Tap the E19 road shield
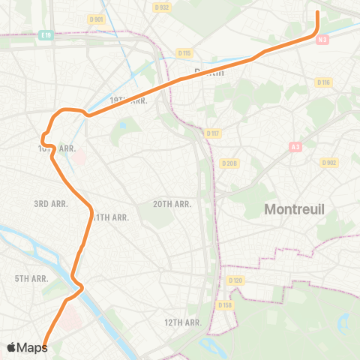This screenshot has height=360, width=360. point(46,34)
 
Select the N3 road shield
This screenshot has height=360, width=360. point(323,40)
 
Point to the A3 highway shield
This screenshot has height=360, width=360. point(295,148)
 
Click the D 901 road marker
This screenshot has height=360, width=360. point(96,19)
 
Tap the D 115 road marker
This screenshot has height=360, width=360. point(184,52)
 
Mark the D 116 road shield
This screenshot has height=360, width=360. point(323,82)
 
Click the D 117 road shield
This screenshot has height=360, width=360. point(213,133)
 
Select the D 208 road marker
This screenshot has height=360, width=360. point(229,163)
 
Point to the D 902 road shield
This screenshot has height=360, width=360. point(328,162)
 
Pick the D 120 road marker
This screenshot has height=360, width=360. point(236,280)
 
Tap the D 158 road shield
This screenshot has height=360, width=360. point(224,305)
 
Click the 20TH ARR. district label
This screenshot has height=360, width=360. point(172,203)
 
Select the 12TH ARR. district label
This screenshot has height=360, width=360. point(183,322)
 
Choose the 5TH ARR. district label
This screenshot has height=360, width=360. point(31,278)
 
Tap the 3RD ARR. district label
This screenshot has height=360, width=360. point(52,203)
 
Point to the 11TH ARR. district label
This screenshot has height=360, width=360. point(111,217)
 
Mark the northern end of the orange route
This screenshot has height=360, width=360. point(318,12)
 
